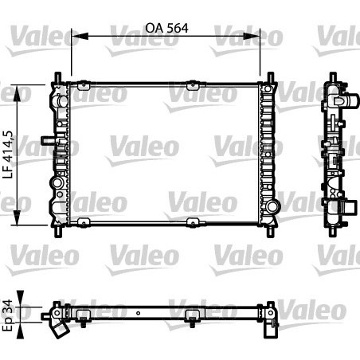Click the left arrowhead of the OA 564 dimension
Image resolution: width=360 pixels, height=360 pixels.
tap(76, 35)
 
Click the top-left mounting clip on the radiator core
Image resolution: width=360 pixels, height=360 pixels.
tap(82, 83)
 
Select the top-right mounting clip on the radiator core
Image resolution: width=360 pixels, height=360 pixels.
tap(191, 83)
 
